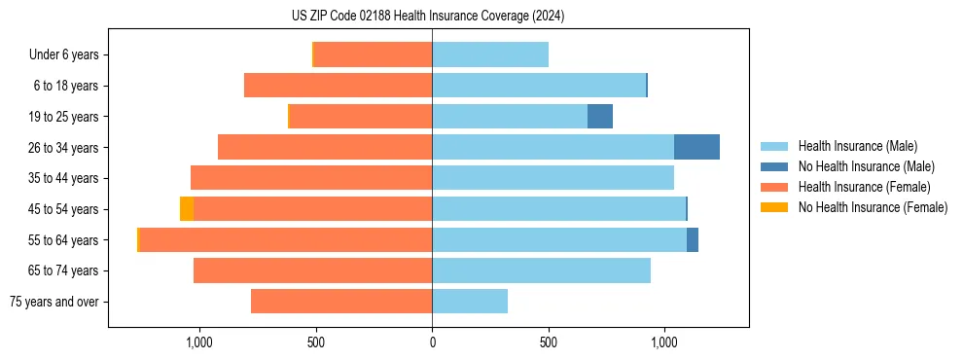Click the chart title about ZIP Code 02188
pyautogui.click(x=428, y=17)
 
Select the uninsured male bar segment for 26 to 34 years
pyautogui.click(x=696, y=147)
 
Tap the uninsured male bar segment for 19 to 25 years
pyautogui.click(x=600, y=117)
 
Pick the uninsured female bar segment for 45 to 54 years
pyautogui.click(x=187, y=209)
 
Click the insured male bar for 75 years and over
pyautogui.click(x=470, y=302)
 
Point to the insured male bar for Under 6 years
pyautogui.click(x=490, y=54)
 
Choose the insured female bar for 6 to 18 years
pyautogui.click(x=338, y=86)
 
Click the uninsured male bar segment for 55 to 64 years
pyautogui.click(x=693, y=240)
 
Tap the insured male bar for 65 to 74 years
pyautogui.click(x=541, y=270)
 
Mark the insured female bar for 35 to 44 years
pyautogui.click(x=311, y=178)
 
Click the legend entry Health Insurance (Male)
pyautogui.click(x=857, y=146)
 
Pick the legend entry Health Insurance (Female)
pyautogui.click(x=864, y=187)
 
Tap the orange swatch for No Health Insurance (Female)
pyautogui.click(x=774, y=207)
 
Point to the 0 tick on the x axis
pyautogui.click(x=432, y=342)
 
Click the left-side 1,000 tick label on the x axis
pyautogui.click(x=198, y=342)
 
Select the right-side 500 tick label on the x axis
pyautogui.click(x=549, y=342)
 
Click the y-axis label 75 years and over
pyautogui.click(x=53, y=302)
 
